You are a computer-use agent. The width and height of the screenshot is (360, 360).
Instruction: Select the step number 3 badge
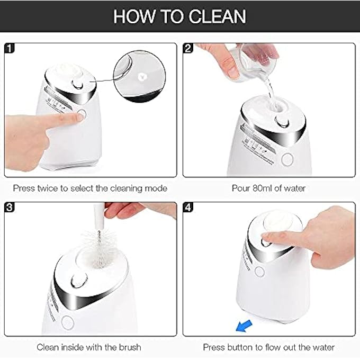10,207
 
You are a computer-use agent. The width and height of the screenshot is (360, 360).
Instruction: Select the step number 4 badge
188,207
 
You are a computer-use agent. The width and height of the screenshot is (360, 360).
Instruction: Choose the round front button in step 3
67,322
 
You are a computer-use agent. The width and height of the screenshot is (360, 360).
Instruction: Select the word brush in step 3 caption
130,347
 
